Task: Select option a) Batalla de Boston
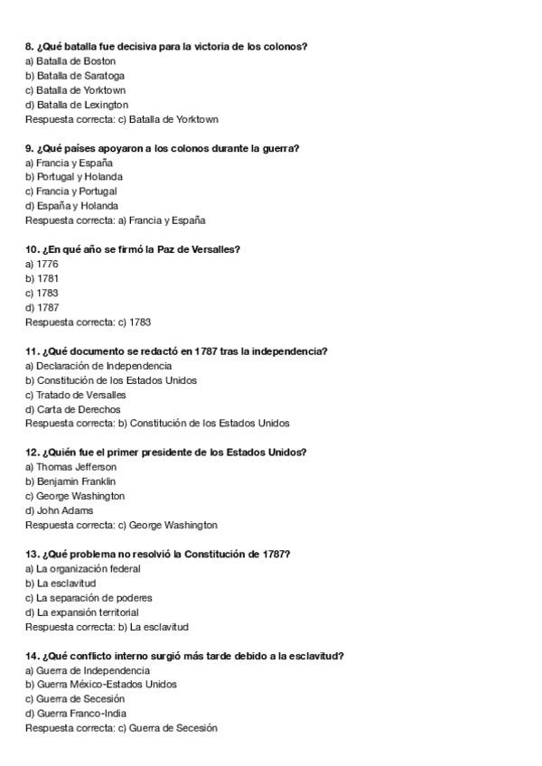click(x=70, y=61)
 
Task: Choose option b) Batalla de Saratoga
click(x=75, y=76)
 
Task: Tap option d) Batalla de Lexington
click(x=77, y=105)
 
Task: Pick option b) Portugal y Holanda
click(x=74, y=177)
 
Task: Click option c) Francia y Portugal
click(x=71, y=191)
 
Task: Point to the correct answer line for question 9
click(x=116, y=220)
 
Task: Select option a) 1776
click(x=42, y=264)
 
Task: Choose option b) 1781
click(x=42, y=278)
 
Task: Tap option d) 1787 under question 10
click(x=42, y=307)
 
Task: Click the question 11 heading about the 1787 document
click(x=176, y=350)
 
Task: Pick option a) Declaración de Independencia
click(x=98, y=366)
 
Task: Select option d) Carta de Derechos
click(x=72, y=409)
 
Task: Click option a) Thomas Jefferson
click(x=70, y=467)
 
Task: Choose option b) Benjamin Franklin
click(x=70, y=481)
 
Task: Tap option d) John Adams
click(x=59, y=510)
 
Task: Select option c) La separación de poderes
click(x=89, y=598)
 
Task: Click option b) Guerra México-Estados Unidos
click(x=101, y=685)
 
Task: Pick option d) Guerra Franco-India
click(x=75, y=714)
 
